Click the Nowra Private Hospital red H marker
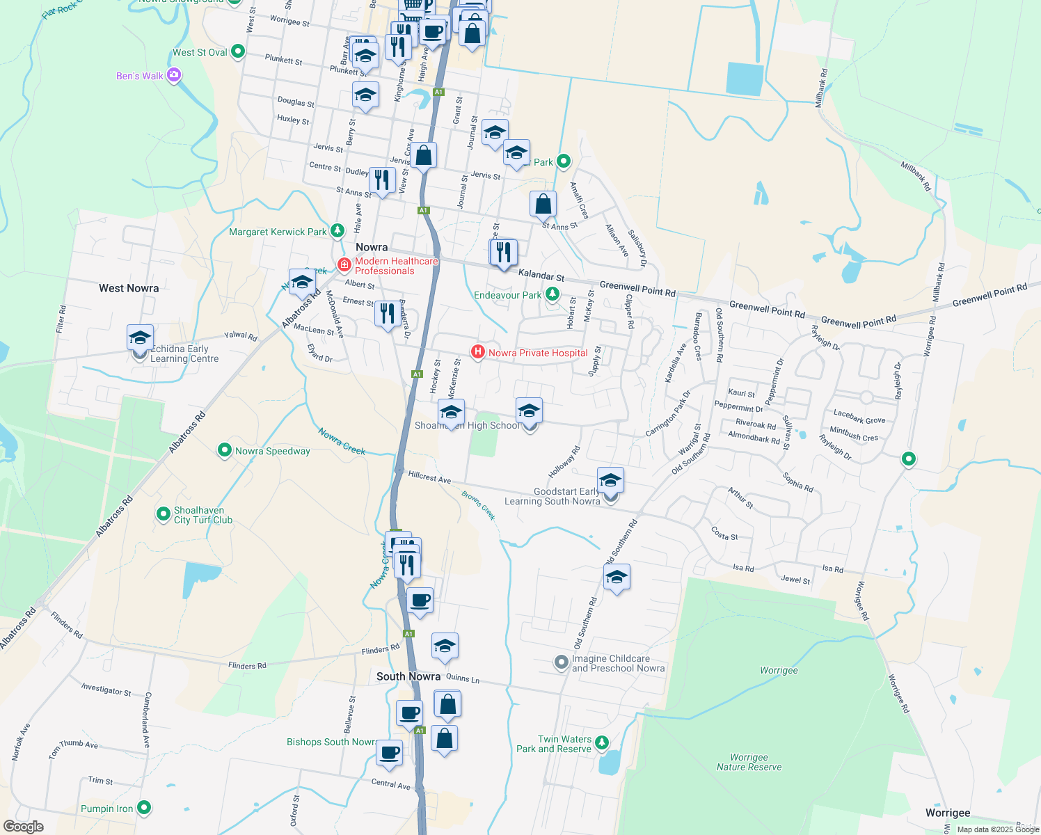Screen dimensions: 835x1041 [478, 352]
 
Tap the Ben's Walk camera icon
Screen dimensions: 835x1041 [174, 75]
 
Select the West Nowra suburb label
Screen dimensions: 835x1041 [129, 288]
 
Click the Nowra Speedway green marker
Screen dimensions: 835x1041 [225, 451]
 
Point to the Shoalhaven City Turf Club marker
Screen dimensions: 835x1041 [164, 514]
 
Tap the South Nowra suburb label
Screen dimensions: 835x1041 [408, 676]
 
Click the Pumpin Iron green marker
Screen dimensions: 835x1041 [144, 808]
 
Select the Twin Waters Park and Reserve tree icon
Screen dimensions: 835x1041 [602, 743]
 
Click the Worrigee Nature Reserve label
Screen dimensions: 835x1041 [749, 762]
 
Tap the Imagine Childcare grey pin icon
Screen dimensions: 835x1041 [562, 662]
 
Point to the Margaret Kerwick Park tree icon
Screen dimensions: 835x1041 [337, 230]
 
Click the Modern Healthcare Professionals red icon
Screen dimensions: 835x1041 [344, 264]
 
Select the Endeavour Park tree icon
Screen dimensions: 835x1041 [553, 294]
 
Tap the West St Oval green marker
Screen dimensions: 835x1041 [238, 51]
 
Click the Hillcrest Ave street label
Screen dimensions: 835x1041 [429, 477]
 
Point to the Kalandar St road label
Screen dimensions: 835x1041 [541, 276]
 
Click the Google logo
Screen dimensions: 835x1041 [23, 827]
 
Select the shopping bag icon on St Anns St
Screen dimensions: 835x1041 [543, 205]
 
